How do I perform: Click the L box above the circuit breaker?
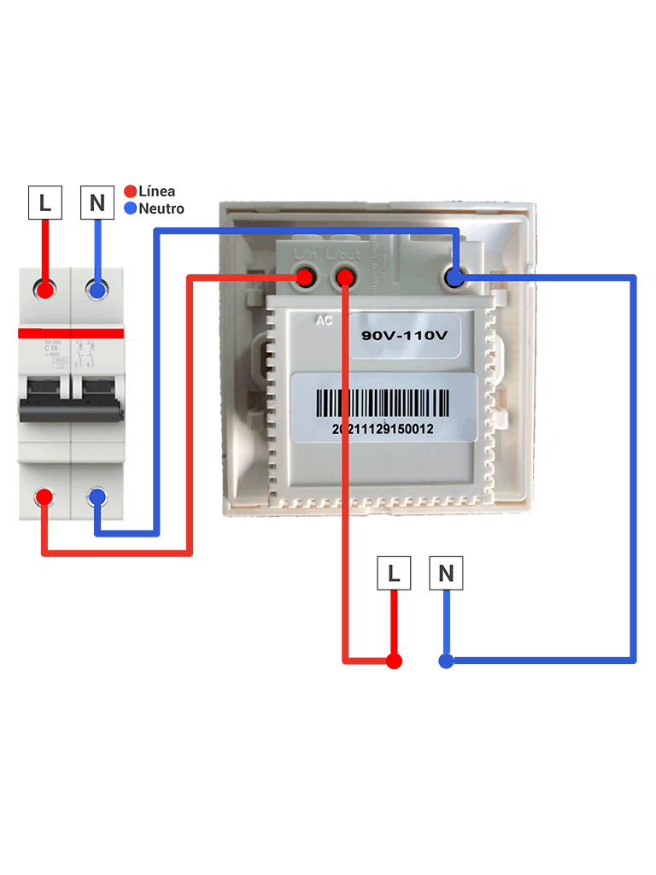(x=45, y=203)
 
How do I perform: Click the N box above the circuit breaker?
(x=97, y=203)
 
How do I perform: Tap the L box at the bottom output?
(x=394, y=573)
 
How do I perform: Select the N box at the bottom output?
(x=446, y=573)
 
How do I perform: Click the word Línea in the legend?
(x=156, y=191)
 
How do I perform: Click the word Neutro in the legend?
(x=161, y=208)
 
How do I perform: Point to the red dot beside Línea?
(x=131, y=191)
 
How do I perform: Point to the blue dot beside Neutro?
(x=131, y=208)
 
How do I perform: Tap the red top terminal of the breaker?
(x=45, y=290)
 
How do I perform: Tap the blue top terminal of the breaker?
(x=97, y=290)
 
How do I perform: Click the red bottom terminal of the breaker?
(x=45, y=497)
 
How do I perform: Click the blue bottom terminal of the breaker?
(x=97, y=497)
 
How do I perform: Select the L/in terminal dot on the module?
(x=303, y=277)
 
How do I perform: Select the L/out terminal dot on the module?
(x=344, y=277)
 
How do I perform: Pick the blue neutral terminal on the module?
(x=454, y=277)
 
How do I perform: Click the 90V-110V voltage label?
(x=404, y=336)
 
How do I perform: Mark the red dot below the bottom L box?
(x=394, y=661)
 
